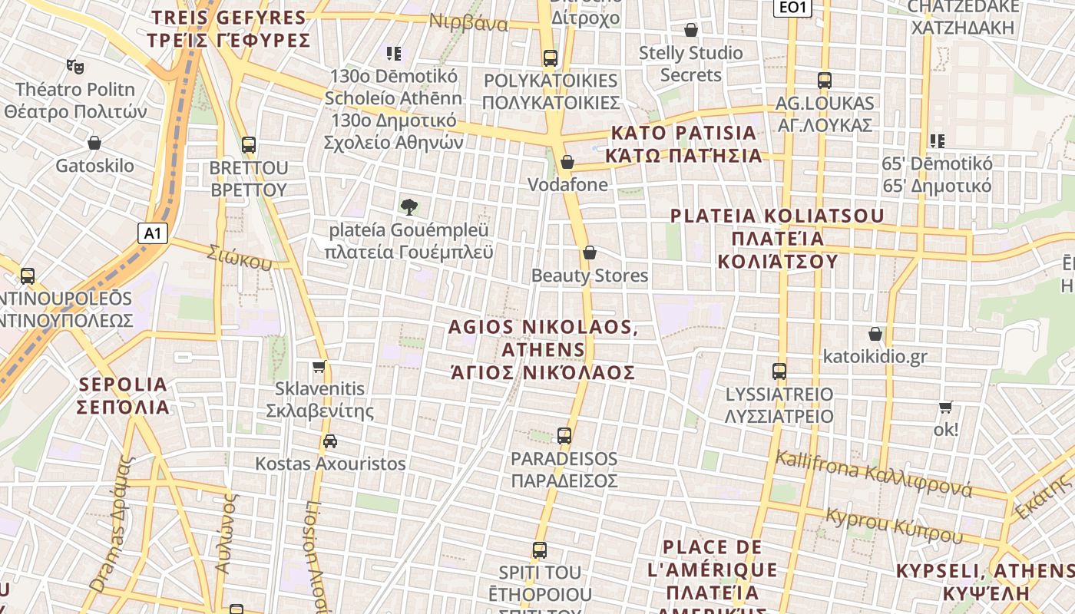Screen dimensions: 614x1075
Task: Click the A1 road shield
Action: [x=153, y=233]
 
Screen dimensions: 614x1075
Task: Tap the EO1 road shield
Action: [x=792, y=8]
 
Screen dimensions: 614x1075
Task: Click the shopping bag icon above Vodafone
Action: [x=567, y=162]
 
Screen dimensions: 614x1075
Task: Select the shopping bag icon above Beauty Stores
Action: [x=590, y=253]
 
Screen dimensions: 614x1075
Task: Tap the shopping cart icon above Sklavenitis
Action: [x=319, y=366]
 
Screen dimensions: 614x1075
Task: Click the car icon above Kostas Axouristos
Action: [x=330, y=441]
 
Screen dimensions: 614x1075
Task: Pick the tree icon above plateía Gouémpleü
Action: [x=409, y=206]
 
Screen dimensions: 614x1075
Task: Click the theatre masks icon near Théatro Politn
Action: [x=75, y=67]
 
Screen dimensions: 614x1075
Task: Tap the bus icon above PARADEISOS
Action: [x=564, y=436]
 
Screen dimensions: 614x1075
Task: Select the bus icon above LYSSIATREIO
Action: [x=779, y=371]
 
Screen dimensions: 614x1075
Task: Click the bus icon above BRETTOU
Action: [x=249, y=144]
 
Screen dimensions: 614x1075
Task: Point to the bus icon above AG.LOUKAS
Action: [x=825, y=80]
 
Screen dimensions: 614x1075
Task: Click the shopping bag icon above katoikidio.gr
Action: [x=875, y=334]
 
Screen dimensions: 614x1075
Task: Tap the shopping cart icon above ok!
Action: [x=946, y=407]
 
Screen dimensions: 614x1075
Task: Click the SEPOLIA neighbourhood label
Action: [x=123, y=395]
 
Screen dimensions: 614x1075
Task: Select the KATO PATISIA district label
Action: [x=683, y=144]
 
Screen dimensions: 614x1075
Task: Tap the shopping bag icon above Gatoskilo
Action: [x=94, y=143]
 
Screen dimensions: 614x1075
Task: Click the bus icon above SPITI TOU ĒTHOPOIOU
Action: [x=540, y=550]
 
